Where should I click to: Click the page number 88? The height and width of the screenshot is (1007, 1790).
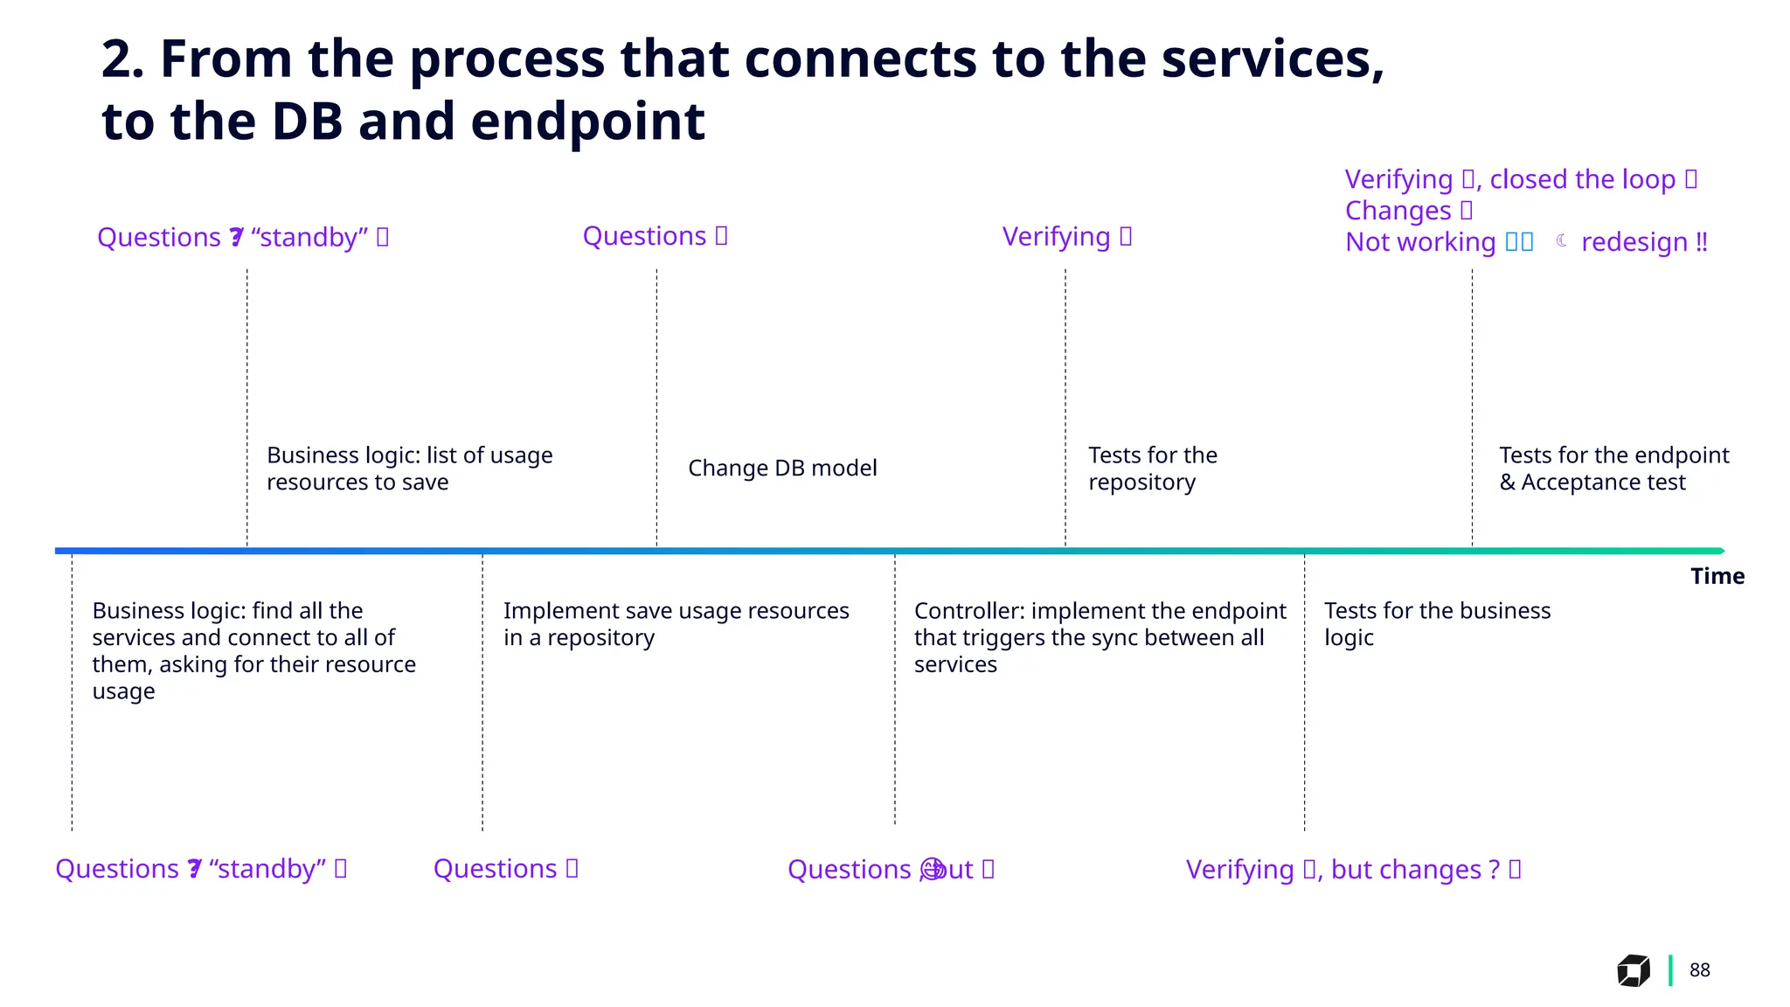click(x=1699, y=970)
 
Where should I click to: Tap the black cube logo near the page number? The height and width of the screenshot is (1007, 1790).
click(x=1633, y=970)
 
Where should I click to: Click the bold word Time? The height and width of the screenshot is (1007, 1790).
click(x=1717, y=576)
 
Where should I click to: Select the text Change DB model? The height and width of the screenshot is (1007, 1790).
click(x=782, y=469)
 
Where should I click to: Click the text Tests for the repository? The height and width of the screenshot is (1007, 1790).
click(x=1152, y=469)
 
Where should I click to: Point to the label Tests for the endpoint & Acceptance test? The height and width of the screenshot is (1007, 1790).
click(x=1613, y=469)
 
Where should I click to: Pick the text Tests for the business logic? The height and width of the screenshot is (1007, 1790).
click(x=1437, y=624)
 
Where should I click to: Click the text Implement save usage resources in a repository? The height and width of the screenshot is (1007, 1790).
click(x=676, y=624)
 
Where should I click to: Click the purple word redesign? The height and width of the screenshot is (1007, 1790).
click(x=1634, y=242)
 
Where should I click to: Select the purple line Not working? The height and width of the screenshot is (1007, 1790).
click(x=1420, y=242)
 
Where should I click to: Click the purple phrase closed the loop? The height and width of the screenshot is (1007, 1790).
click(x=1582, y=179)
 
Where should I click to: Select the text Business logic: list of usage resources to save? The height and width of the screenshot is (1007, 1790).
click(x=409, y=469)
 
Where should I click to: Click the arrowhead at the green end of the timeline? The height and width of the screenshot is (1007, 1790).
click(x=1720, y=551)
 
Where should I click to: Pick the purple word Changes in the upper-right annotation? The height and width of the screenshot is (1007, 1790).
click(x=1398, y=211)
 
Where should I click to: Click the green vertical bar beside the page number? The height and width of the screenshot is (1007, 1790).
click(x=1670, y=970)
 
